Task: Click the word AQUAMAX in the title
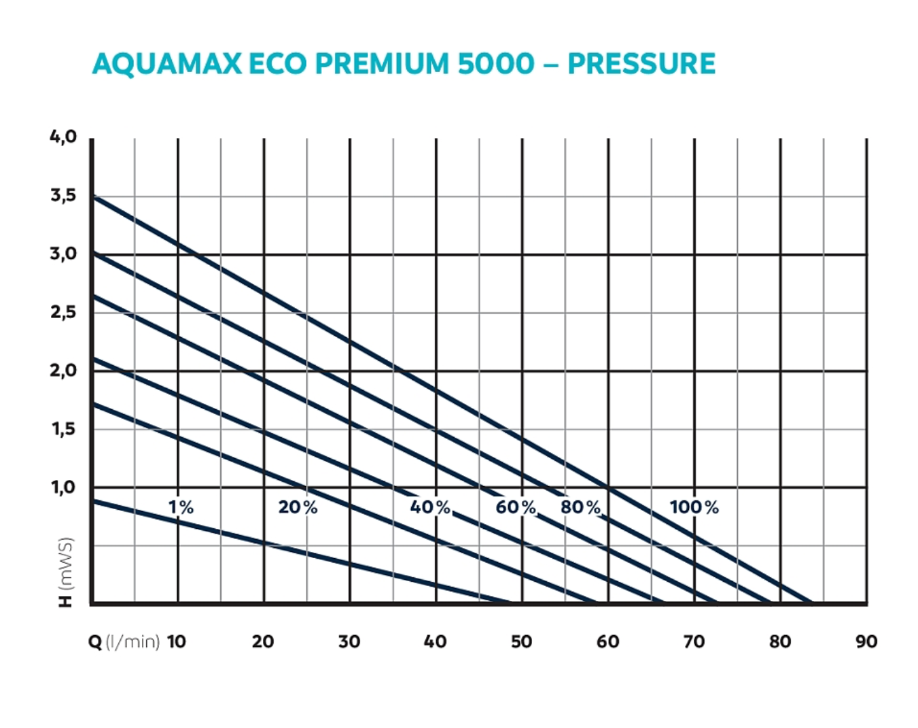click(x=166, y=64)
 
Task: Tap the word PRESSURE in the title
click(x=641, y=64)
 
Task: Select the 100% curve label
click(x=694, y=507)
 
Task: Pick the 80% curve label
click(x=580, y=507)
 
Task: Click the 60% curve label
click(x=516, y=507)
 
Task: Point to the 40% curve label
click(x=430, y=507)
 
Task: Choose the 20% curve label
click(x=298, y=507)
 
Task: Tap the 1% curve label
click(x=181, y=507)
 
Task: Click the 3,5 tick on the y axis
click(x=63, y=196)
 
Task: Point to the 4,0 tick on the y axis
click(x=63, y=137)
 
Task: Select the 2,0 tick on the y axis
click(x=63, y=370)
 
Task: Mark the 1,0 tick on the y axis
click(x=63, y=487)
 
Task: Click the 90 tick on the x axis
click(x=866, y=642)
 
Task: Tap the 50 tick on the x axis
click(x=521, y=642)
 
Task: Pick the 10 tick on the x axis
click(x=176, y=642)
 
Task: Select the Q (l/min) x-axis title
click(x=124, y=642)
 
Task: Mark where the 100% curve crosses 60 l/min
click(x=608, y=487)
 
